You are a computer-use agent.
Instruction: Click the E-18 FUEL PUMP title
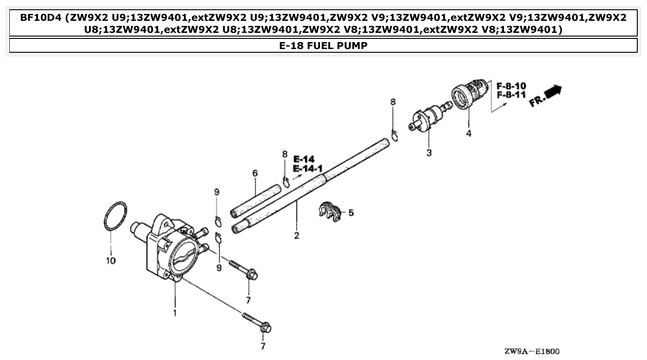[x=323, y=46]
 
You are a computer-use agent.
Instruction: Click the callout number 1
[x=175, y=313]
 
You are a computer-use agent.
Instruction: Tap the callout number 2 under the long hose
[x=296, y=236]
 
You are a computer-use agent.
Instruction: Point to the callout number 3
[x=429, y=152]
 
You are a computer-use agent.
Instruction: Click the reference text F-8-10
[x=511, y=86]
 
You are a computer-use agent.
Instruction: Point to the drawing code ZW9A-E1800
[x=532, y=351]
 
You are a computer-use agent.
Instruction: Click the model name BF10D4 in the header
[x=41, y=18]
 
